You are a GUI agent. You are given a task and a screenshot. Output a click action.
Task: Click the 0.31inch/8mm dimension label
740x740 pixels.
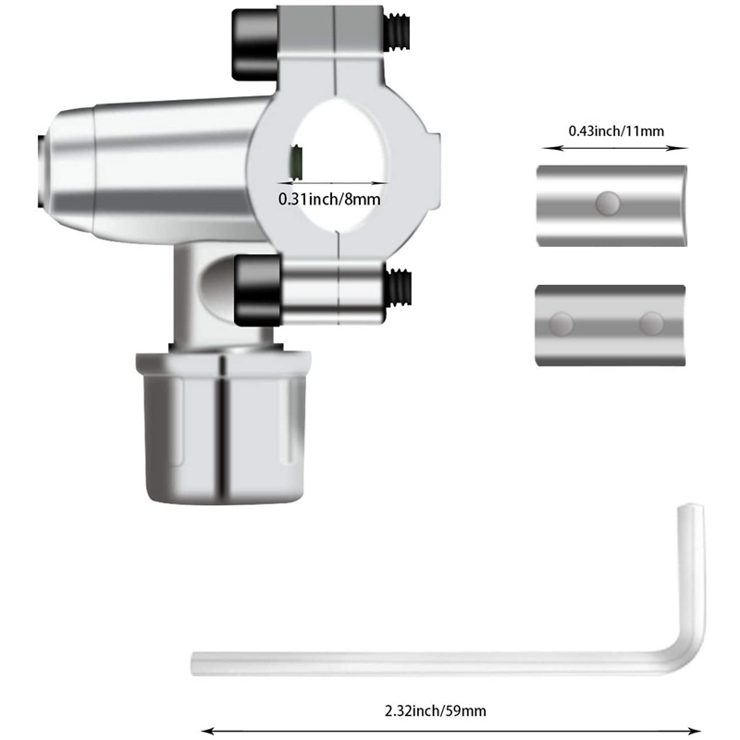[329, 198]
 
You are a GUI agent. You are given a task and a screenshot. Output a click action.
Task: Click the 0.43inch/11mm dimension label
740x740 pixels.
[615, 129]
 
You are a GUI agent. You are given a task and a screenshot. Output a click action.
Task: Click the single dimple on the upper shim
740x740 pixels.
[608, 201]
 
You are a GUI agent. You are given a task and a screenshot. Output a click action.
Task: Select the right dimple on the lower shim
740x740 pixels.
[651, 323]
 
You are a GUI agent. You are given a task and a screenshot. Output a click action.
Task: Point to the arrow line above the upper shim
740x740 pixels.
[614, 146]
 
